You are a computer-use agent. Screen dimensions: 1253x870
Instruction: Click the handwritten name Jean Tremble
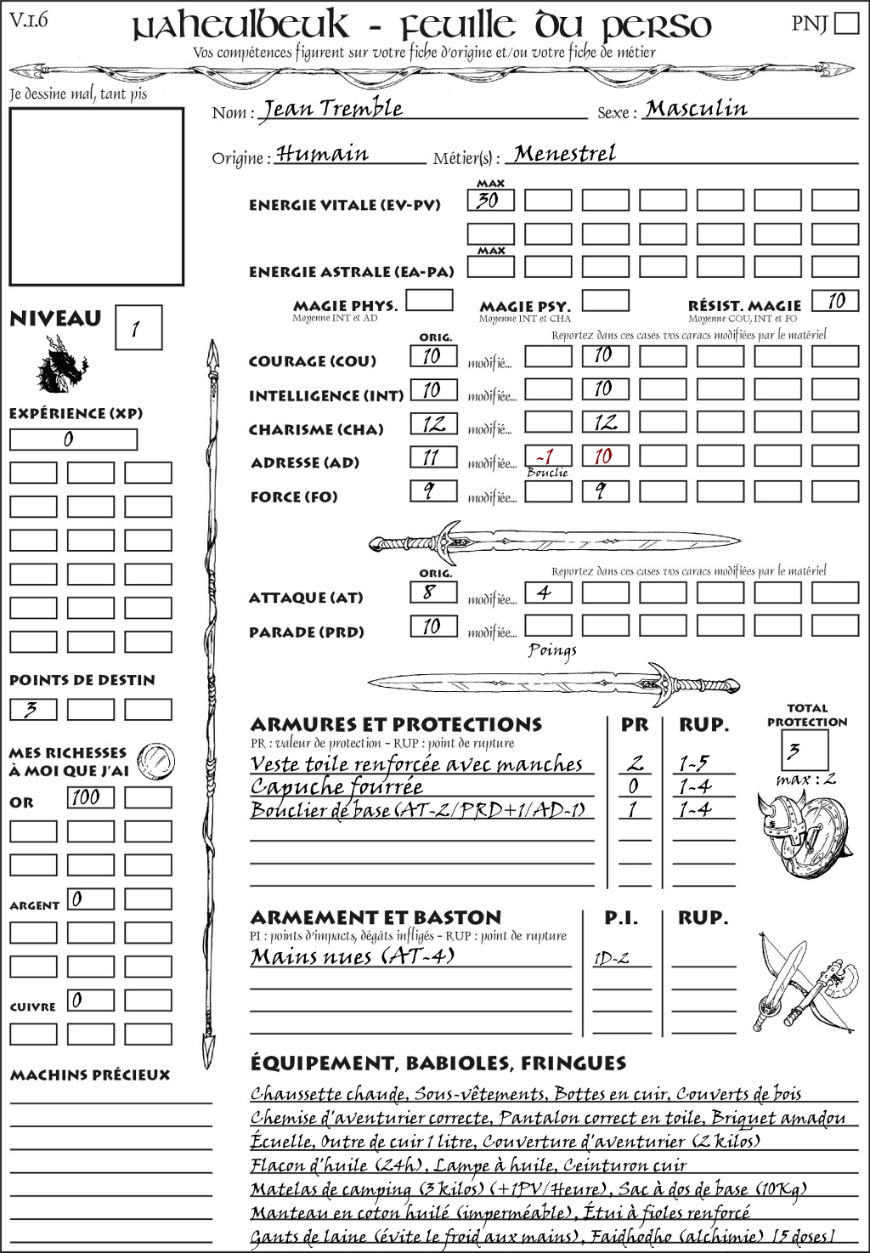(331, 109)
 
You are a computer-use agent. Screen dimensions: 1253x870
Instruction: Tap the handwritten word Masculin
(696, 109)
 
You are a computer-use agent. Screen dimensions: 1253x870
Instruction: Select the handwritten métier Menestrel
(565, 154)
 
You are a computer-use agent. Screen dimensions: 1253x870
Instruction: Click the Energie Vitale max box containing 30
(490, 201)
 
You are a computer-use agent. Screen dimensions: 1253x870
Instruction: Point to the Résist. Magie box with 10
(835, 301)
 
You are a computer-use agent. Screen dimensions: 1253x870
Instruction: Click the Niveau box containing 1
(138, 328)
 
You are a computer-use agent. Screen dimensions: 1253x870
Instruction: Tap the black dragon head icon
(61, 366)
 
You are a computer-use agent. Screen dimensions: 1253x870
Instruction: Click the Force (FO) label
(294, 496)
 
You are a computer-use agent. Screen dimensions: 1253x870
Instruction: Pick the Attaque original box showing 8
(432, 592)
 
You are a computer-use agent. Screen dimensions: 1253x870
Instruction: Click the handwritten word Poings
(552, 650)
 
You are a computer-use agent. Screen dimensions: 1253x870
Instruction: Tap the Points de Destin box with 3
(33, 709)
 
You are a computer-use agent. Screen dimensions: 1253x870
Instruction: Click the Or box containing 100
(90, 797)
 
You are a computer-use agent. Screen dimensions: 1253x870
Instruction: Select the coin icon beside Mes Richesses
(156, 759)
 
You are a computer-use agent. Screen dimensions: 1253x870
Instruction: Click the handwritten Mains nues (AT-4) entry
(353, 956)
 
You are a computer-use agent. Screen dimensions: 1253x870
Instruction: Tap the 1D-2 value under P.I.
(612, 959)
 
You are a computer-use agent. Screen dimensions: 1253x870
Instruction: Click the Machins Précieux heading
(90, 1075)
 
